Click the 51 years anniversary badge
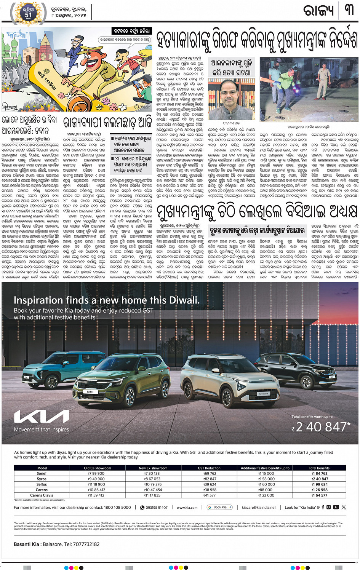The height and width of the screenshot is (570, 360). click(x=29, y=12)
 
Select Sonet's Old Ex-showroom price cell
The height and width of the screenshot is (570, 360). click(x=96, y=473)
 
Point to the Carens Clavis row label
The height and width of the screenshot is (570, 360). click(x=42, y=495)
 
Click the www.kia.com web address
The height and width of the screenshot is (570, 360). click(x=187, y=507)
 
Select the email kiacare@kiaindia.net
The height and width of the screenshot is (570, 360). click(x=259, y=507)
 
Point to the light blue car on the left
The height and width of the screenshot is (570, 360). click(x=50, y=371)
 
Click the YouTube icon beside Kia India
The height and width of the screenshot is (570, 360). click(x=336, y=507)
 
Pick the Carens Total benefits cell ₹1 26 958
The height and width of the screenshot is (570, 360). click(x=319, y=490)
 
